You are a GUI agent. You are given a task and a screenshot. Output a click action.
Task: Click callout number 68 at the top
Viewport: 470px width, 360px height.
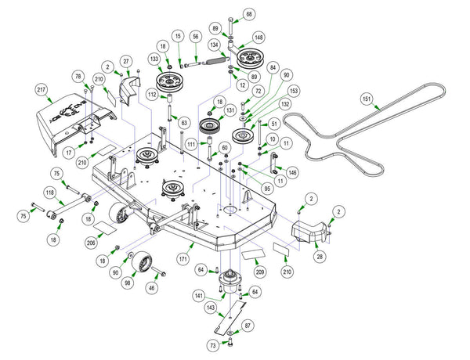pyautogui.click(x=249, y=14)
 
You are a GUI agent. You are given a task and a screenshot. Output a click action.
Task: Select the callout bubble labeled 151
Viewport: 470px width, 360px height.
pyautogui.click(x=366, y=99)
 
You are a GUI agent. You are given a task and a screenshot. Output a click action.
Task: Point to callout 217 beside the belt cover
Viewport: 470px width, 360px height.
pyautogui.click(x=41, y=90)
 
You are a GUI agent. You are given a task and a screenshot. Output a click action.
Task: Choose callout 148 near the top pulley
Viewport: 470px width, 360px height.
pyautogui.click(x=258, y=37)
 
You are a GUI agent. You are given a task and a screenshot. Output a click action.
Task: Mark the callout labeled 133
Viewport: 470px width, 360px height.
pyautogui.click(x=155, y=59)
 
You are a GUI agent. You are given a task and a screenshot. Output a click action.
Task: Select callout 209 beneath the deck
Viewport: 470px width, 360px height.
pyautogui.click(x=259, y=272)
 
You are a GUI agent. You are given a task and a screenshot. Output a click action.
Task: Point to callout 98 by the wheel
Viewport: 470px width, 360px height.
pyautogui.click(x=127, y=282)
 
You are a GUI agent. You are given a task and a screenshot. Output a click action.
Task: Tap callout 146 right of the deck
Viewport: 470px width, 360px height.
pyautogui.click(x=292, y=171)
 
